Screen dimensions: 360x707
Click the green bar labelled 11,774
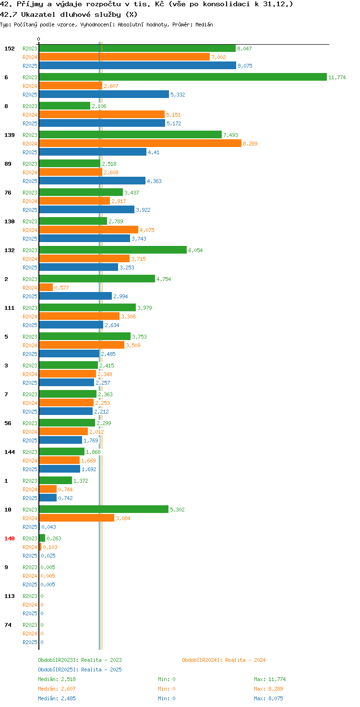click(x=183, y=77)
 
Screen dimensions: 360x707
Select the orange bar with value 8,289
click(x=140, y=143)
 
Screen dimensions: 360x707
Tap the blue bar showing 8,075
click(x=138, y=65)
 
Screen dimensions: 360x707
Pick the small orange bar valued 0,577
click(x=46, y=287)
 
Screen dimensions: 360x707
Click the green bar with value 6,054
click(x=113, y=250)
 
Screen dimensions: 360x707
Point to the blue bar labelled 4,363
click(x=92, y=181)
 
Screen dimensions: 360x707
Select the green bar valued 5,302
click(x=104, y=509)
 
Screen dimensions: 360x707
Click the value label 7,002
click(x=219, y=57)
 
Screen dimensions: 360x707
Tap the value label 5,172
click(x=174, y=123)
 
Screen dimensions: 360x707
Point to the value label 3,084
click(x=123, y=518)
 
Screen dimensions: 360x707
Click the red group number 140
click(x=10, y=538)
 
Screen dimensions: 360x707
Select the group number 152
click(x=10, y=49)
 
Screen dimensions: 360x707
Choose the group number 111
click(x=10, y=308)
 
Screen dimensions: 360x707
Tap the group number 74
click(x=8, y=625)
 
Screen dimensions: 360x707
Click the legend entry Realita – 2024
click(x=224, y=660)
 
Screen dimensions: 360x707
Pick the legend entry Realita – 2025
click(x=80, y=670)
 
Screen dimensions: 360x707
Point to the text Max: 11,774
click(x=270, y=679)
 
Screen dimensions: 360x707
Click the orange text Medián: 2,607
click(x=57, y=689)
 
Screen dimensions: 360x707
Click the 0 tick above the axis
click(x=38, y=39)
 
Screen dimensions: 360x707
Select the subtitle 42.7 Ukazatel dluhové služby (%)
click(x=69, y=14)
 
